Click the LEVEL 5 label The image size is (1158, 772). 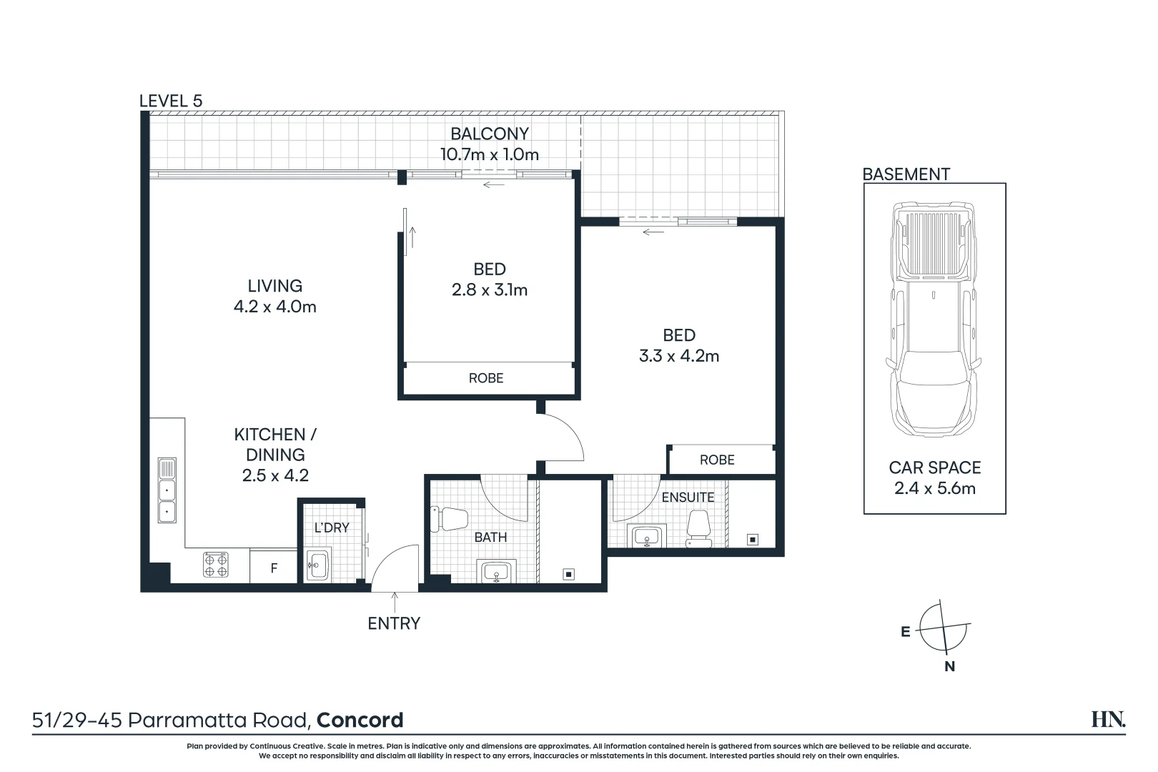171,101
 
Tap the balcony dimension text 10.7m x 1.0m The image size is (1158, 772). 489,154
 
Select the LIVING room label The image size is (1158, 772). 274,286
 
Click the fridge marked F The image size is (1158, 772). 273,568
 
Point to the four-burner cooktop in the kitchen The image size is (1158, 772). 216,565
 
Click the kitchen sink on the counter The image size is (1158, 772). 167,490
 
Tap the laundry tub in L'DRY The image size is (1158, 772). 317,565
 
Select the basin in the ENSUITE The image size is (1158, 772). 647,535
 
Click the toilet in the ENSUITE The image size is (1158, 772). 698,529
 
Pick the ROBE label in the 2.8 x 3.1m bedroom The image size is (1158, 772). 486,378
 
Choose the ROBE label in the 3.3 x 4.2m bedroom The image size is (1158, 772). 717,460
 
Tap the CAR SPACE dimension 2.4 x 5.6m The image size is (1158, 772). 934,488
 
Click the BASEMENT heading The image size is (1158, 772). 906,174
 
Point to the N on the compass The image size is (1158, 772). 949,666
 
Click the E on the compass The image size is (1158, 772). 906,632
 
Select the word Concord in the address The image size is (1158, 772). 360,720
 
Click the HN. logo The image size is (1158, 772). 1108,719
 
